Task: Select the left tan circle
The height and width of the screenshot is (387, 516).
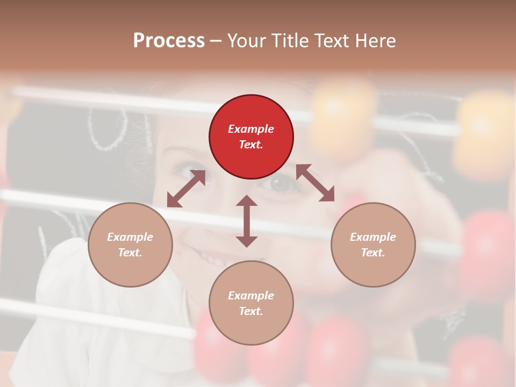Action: point(130,245)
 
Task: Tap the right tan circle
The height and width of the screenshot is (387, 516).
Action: point(373,245)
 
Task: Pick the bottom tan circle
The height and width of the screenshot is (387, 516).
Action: point(251,303)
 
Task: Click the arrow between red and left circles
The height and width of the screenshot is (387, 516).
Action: point(186,189)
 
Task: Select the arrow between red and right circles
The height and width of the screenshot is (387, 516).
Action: point(315,183)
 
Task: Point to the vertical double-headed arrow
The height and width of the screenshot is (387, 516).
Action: point(247,221)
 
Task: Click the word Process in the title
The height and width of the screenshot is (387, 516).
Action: point(169,40)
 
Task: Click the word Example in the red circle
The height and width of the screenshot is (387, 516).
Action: point(251,129)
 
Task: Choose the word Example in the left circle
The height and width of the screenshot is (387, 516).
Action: point(130,237)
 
